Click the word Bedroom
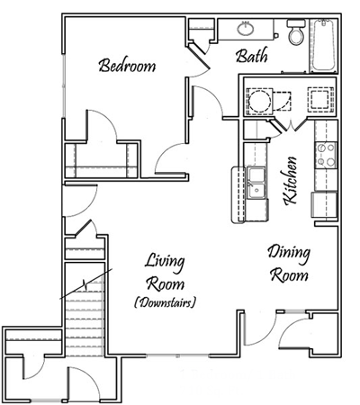point(127,66)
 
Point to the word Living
point(165,263)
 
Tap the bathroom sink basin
point(247,28)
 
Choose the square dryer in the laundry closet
point(319,98)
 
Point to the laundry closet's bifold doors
point(290,122)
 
